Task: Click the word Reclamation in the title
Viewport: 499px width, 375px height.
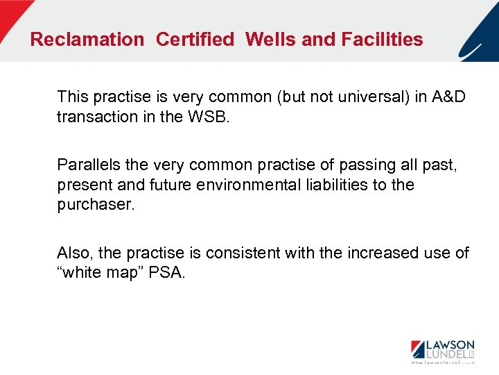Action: coord(87,40)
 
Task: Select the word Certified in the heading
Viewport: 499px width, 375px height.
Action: coord(195,40)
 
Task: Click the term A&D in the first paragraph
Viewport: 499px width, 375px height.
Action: coord(449,97)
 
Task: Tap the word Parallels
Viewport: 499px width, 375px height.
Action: coord(88,165)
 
